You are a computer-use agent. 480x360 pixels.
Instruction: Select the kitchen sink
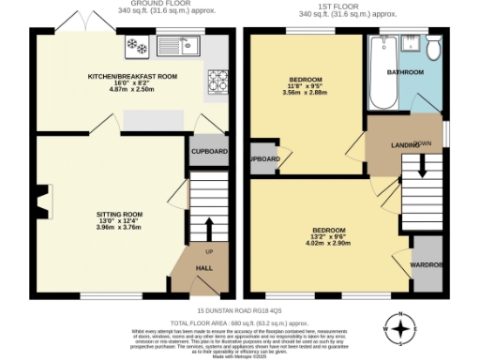coord(172,44)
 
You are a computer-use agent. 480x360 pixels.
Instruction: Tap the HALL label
coord(202,268)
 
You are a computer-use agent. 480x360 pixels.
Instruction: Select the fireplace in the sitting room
coord(40,198)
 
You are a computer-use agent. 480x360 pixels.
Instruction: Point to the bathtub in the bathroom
coord(382,72)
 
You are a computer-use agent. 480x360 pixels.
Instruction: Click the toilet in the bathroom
coord(434,47)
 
